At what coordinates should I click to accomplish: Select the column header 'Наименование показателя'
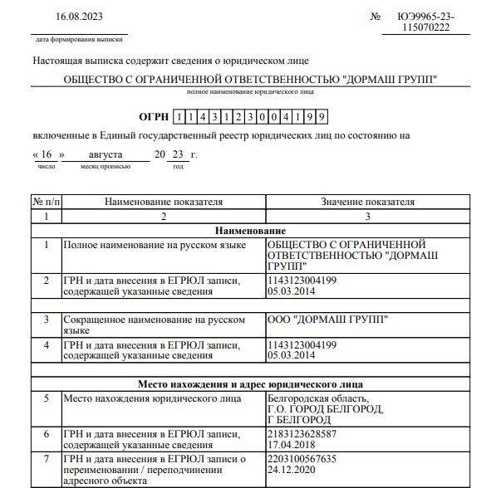(165, 202)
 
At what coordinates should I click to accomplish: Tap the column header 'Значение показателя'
(367, 202)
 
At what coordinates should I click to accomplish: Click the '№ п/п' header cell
(47, 202)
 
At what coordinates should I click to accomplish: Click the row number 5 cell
(47, 398)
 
